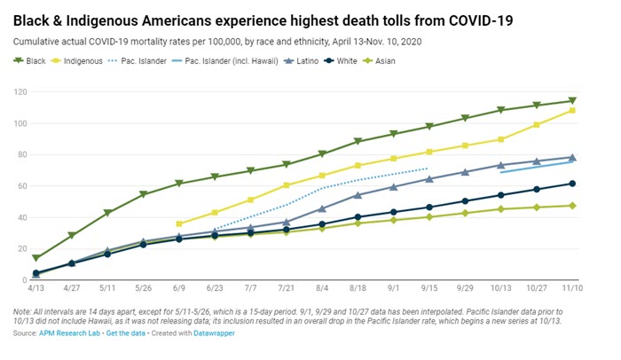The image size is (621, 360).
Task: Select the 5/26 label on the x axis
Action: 143,288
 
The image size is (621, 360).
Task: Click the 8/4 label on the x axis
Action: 322,288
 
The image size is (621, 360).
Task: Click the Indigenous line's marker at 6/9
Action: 179,223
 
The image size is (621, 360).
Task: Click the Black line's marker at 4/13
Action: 35,257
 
